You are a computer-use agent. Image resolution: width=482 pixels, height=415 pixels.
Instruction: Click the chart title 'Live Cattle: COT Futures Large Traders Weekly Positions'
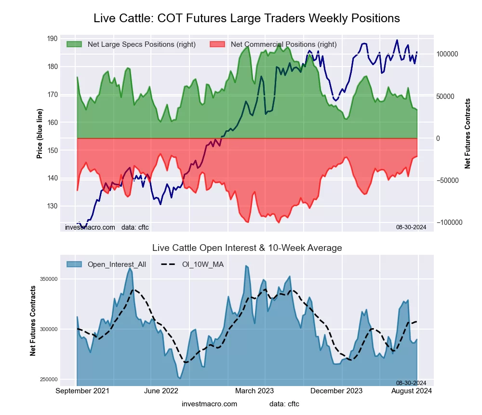coord(246,18)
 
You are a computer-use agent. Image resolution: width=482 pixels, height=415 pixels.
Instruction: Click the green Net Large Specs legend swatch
coord(74,44)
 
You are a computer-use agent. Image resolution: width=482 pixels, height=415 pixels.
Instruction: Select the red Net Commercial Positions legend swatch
coord(218,44)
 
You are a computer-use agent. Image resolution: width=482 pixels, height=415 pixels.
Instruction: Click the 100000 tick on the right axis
coord(447,55)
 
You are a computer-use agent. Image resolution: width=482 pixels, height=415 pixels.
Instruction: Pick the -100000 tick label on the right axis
coord(449,222)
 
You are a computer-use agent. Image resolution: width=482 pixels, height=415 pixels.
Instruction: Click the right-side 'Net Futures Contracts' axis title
coord(468,133)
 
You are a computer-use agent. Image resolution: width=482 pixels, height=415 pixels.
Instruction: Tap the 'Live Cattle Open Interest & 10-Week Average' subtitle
coord(247,248)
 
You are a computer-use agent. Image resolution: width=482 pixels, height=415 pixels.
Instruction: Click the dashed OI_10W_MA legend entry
coord(193,264)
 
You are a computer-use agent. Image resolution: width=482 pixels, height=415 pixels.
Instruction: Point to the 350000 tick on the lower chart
coord(61,279)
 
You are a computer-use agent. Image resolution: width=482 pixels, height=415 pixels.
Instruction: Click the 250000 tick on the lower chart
coord(61,379)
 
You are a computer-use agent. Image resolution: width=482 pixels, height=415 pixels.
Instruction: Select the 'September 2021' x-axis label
coord(82,390)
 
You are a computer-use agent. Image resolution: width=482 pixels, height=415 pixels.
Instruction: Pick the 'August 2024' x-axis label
coord(411,390)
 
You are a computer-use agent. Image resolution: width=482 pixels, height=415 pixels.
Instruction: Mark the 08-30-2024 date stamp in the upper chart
coord(411,226)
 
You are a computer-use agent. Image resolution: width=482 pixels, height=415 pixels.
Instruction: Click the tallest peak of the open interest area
coord(246,265)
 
